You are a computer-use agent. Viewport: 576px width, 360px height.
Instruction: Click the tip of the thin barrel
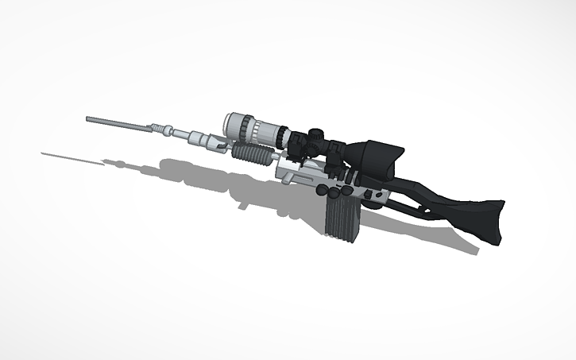(x=88, y=119)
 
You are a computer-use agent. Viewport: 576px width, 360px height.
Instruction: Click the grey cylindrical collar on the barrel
(x=193, y=136)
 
